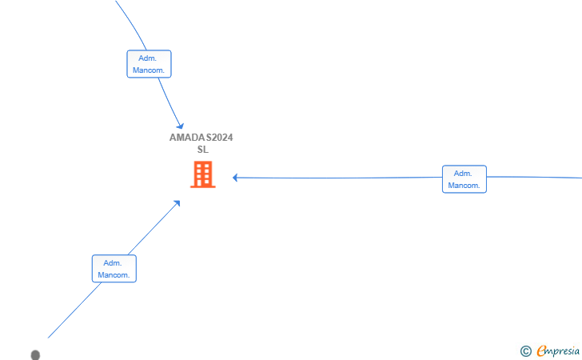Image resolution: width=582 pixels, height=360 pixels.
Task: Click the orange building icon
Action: pos(203,174)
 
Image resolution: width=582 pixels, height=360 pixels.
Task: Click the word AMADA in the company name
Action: pos(187,138)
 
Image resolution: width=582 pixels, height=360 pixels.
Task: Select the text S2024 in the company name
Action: pos(219,138)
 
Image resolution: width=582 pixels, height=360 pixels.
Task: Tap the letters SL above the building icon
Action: pos(203,150)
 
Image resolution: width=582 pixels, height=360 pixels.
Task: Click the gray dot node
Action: pos(35,355)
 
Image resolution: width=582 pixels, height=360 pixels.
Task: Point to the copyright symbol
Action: pos(525,351)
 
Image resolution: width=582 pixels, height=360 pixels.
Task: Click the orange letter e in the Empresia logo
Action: pos(542,350)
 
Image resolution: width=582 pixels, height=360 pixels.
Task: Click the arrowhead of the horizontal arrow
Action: pos(235,178)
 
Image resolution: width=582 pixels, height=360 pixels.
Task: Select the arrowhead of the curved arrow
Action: pos(181,126)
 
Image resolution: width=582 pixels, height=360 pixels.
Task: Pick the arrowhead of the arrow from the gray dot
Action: pos(177,203)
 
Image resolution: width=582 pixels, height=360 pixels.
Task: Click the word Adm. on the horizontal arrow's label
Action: pos(463,174)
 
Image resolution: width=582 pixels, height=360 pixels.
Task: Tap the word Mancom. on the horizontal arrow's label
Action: pos(464,186)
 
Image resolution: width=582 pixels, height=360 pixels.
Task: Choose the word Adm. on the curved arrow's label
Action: pos(148,58)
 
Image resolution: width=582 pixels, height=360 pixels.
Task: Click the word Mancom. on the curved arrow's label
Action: pos(149,70)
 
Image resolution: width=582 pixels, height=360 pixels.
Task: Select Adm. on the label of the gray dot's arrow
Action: pos(113,263)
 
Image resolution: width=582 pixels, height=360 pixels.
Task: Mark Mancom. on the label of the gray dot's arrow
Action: pos(114,275)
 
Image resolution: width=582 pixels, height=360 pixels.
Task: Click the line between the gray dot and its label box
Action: pos(74,310)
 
